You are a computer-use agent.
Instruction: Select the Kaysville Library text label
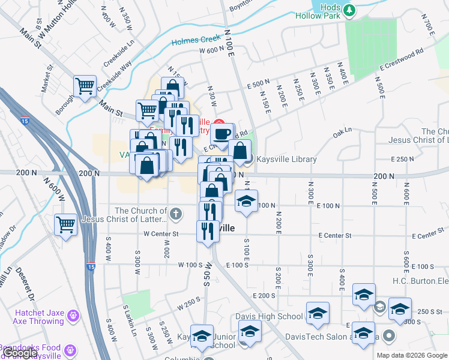pos(286,159)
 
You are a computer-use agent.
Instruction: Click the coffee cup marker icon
pos(222,134)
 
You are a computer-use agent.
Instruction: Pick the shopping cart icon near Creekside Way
pos(85,86)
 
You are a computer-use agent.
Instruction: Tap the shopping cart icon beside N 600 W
pos(66,225)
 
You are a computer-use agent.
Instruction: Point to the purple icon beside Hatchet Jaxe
pos(73,314)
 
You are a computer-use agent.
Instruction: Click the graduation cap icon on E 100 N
pos(246,201)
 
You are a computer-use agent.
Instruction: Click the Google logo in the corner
pos(20,353)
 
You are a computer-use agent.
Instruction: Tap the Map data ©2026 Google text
pos(411,355)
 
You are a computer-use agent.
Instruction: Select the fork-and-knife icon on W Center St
pos(208,231)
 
